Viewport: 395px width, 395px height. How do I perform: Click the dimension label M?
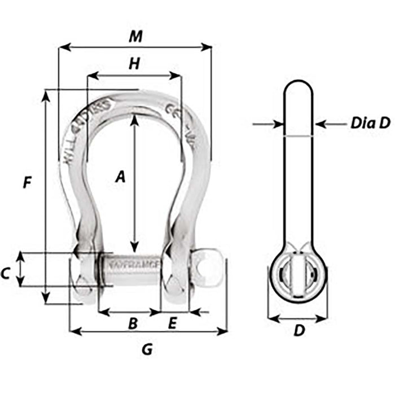(x=134, y=37)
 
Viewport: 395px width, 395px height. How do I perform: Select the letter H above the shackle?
(x=134, y=64)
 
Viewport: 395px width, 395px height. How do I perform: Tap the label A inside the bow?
(x=120, y=177)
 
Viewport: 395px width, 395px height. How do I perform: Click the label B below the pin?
(x=133, y=323)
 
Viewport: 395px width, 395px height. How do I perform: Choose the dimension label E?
(x=173, y=323)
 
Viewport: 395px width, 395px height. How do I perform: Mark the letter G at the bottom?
(x=147, y=350)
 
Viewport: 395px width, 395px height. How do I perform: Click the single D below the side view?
(x=299, y=332)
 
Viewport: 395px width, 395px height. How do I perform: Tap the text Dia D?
(x=370, y=124)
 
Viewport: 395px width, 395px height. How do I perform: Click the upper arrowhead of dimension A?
(x=134, y=119)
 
